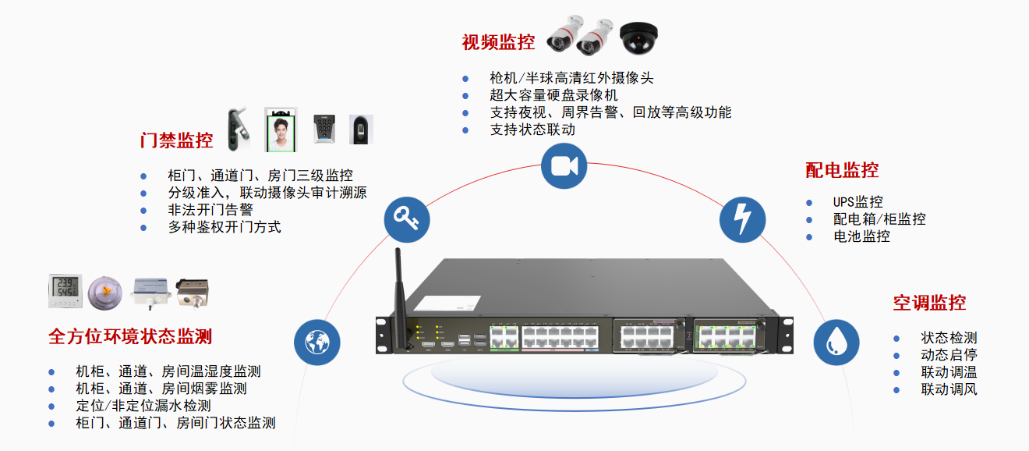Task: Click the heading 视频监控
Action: click(x=498, y=42)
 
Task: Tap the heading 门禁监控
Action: click(x=176, y=140)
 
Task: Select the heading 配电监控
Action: click(x=842, y=170)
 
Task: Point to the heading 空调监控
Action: click(x=929, y=303)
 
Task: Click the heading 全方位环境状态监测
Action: click(x=130, y=336)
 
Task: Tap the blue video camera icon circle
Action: click(x=564, y=166)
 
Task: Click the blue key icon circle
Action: click(x=407, y=218)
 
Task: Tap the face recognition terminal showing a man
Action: click(x=281, y=129)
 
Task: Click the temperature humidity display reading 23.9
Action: click(x=65, y=290)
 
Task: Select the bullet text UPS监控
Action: click(x=857, y=202)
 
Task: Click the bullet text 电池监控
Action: click(x=861, y=236)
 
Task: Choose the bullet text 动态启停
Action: click(x=949, y=355)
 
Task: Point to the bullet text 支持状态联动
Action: click(x=532, y=130)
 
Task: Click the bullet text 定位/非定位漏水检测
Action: click(x=143, y=406)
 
